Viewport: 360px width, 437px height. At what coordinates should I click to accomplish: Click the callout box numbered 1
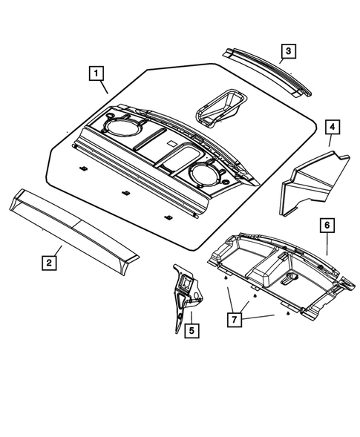coord(96,73)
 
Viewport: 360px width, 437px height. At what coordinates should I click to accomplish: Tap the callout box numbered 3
coord(287,51)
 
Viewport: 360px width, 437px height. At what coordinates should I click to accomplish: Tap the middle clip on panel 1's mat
coord(127,194)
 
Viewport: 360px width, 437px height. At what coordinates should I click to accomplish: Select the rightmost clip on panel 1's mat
coord(169,218)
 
